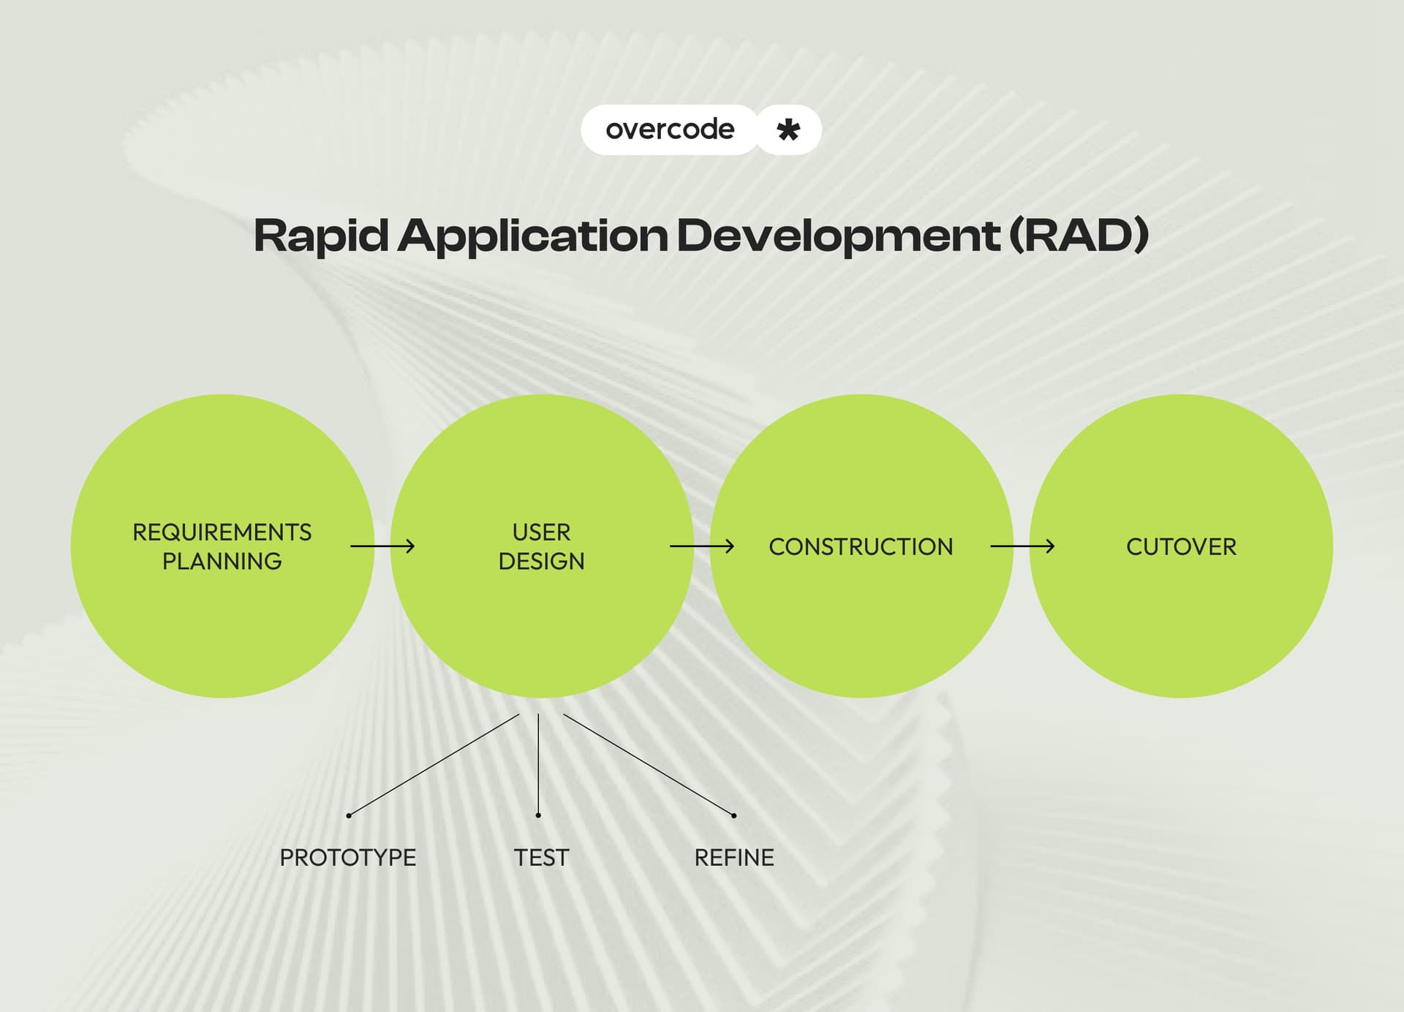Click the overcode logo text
pyautogui.click(x=670, y=129)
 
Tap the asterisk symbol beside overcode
pyautogui.click(x=788, y=130)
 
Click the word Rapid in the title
pyautogui.click(x=320, y=236)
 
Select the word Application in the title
pyautogui.click(x=532, y=236)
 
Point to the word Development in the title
pyautogui.click(x=838, y=236)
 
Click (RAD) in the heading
pyautogui.click(x=1079, y=236)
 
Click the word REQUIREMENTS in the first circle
pyautogui.click(x=222, y=532)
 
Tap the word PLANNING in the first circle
pyautogui.click(x=222, y=562)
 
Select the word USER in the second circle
pyautogui.click(x=541, y=532)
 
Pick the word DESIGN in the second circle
pyautogui.click(x=541, y=562)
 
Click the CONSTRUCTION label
pyautogui.click(x=861, y=547)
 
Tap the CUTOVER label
pyautogui.click(x=1181, y=547)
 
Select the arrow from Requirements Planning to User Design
pyautogui.click(x=382, y=546)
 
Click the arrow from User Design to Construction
pyautogui.click(x=702, y=546)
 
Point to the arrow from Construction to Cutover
pyautogui.click(x=1022, y=546)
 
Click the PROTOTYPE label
pyautogui.click(x=347, y=858)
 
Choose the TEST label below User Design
pyautogui.click(x=541, y=858)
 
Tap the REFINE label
pyautogui.click(x=733, y=858)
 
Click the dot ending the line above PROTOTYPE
pyautogui.click(x=349, y=815)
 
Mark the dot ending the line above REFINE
pyautogui.click(x=733, y=815)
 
